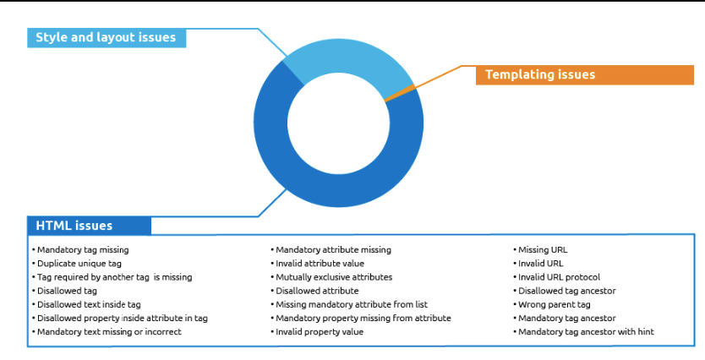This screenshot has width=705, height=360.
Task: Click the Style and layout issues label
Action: click(x=107, y=38)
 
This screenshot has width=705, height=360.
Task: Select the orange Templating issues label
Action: click(x=584, y=74)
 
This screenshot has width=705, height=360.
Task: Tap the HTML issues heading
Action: click(x=89, y=226)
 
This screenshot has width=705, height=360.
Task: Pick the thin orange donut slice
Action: click(x=400, y=92)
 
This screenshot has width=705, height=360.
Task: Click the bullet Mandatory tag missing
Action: click(x=80, y=250)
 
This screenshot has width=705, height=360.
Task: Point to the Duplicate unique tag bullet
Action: click(x=77, y=264)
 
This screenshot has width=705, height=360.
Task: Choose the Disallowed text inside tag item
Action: click(x=86, y=305)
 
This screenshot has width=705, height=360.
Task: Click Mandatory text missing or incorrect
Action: click(x=107, y=332)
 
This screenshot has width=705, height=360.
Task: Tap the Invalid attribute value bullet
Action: click(x=318, y=264)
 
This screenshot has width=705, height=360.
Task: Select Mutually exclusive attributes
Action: click(x=331, y=277)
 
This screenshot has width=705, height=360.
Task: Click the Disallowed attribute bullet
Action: click(x=314, y=291)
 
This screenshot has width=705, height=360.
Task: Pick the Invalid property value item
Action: click(x=317, y=332)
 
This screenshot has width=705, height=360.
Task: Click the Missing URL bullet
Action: click(x=540, y=250)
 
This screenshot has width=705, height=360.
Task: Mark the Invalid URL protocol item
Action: click(x=556, y=277)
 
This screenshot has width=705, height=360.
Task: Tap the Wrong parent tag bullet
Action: click(x=552, y=305)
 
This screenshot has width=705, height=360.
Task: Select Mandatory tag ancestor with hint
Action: click(x=583, y=332)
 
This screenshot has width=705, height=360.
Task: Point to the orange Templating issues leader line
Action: click(x=436, y=79)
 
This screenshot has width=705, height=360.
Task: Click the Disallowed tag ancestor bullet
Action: click(x=565, y=291)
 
